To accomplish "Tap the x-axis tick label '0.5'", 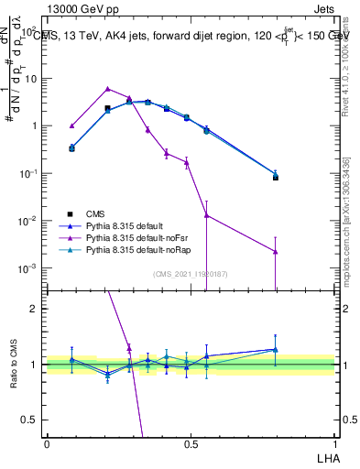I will point(190,443).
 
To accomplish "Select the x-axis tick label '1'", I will point(333,443).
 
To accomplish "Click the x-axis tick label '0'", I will point(47,443).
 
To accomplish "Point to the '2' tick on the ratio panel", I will point(35,309).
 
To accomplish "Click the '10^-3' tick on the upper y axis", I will point(27,268).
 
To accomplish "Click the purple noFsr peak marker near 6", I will point(108,89).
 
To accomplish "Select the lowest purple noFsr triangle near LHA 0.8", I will point(276,251).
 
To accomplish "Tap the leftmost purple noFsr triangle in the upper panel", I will point(72,125).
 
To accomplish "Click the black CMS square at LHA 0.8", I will point(276,177).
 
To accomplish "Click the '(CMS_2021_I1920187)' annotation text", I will point(190,273).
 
